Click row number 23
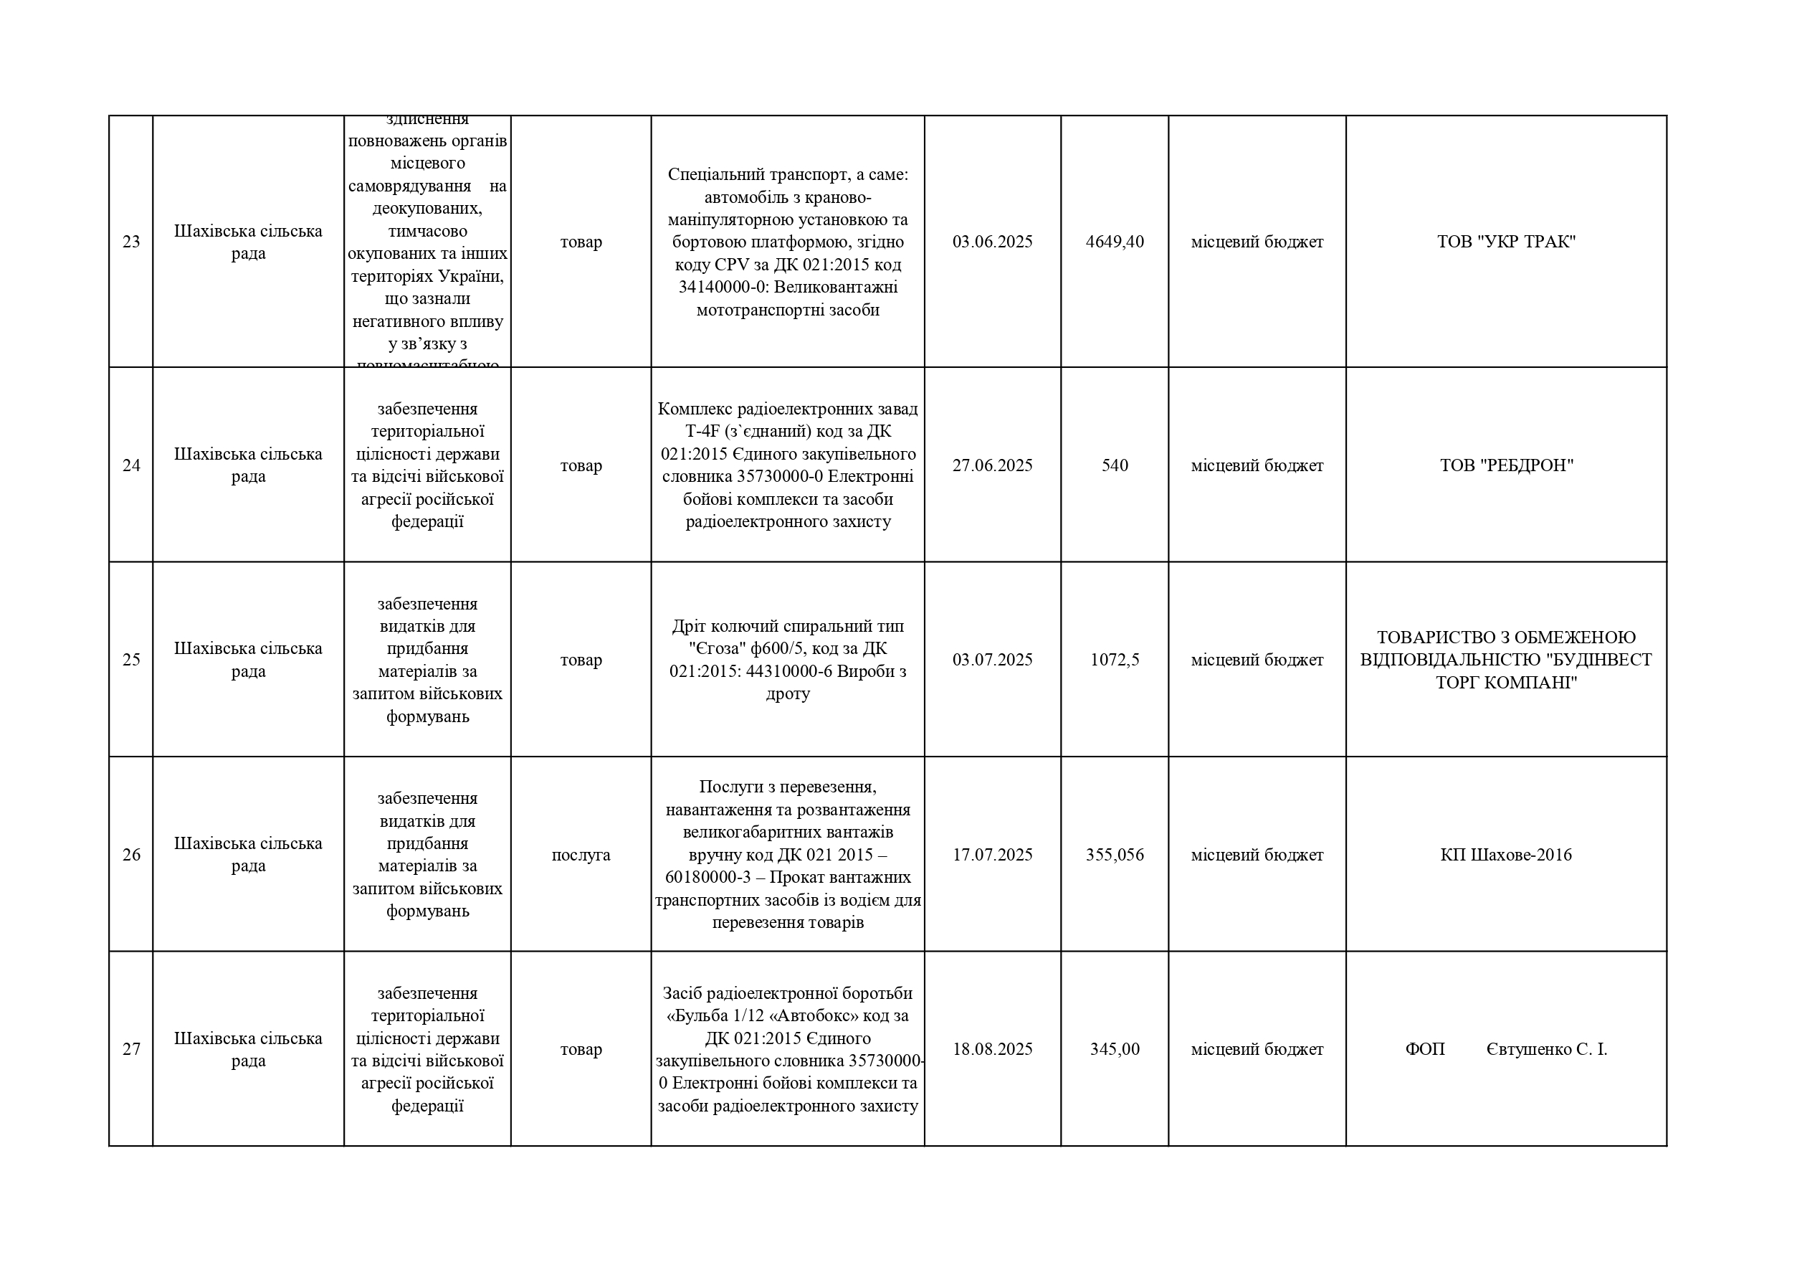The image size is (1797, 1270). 130,242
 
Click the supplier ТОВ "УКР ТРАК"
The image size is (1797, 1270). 1505,242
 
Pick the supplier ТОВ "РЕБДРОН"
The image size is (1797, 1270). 1506,466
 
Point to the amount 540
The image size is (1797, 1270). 1115,466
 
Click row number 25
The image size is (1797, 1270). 130,660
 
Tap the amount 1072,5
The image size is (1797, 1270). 1115,660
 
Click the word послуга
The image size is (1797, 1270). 581,855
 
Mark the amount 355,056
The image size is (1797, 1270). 1115,855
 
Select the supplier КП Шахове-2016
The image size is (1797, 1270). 1506,855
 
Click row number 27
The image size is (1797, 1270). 130,1049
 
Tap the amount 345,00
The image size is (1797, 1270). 1115,1049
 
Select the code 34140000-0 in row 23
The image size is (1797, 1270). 724,288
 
